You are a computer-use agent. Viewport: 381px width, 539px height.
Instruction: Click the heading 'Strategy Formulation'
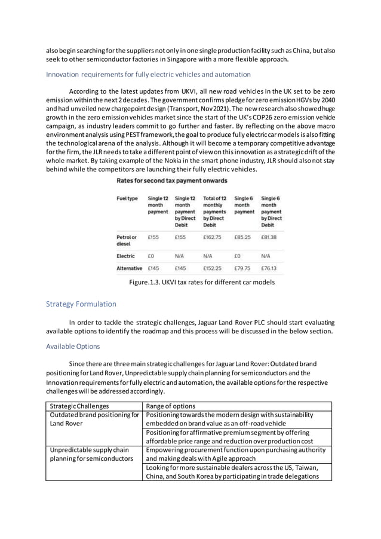(81, 304)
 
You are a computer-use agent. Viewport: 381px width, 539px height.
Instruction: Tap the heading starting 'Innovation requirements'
(148, 75)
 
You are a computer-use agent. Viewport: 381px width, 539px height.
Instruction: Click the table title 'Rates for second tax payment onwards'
(171, 180)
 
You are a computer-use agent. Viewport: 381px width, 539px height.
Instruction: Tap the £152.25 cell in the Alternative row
(212, 268)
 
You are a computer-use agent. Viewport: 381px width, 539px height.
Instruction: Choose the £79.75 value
(242, 268)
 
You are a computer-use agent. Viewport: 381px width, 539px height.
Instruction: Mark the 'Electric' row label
(125, 256)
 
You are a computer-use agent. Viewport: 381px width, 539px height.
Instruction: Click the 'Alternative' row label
(129, 268)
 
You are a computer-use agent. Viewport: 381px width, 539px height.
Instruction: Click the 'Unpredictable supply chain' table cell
(89, 449)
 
